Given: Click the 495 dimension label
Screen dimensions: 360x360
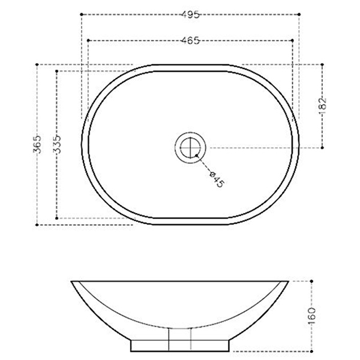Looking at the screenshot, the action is click(190, 14).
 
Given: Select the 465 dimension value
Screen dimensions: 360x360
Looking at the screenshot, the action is click(190, 41).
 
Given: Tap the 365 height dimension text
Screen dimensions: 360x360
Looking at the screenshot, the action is click(37, 145).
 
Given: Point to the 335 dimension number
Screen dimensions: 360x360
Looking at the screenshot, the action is click(57, 145).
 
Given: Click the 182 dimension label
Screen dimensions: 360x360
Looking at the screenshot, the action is click(323, 106).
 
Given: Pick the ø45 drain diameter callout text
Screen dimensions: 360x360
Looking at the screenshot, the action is click(217, 179).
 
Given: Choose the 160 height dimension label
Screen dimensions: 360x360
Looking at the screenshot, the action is click(311, 316).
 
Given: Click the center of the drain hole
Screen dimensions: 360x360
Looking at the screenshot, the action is click(190, 148).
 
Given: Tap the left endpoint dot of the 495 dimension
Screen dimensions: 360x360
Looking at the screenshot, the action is click(82, 14).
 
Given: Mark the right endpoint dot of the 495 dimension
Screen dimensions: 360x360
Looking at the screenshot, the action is click(299, 14).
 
